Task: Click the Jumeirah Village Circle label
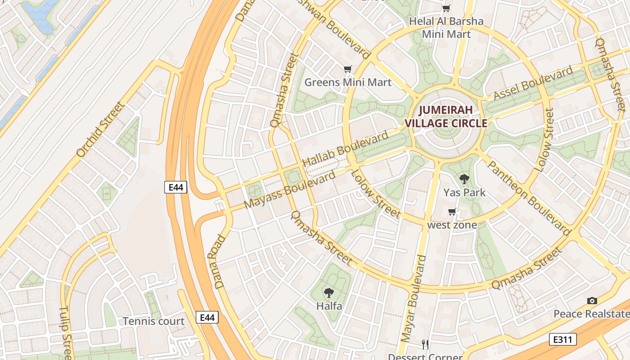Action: click(x=446, y=117)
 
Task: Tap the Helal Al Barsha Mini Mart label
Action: click(x=446, y=27)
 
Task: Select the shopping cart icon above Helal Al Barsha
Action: click(x=446, y=8)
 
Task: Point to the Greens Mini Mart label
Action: click(x=348, y=82)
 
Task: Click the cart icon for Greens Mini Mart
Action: click(x=347, y=69)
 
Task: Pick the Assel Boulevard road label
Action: click(x=533, y=83)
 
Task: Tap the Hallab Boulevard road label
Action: click(x=345, y=149)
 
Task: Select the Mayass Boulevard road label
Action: click(x=290, y=189)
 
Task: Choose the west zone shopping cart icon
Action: click(x=452, y=211)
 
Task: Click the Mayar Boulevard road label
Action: click(x=412, y=298)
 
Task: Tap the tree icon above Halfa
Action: click(x=329, y=293)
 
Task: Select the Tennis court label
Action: click(x=153, y=321)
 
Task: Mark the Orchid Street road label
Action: click(x=100, y=129)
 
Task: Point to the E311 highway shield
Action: click(x=563, y=339)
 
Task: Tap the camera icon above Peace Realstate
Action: click(x=592, y=301)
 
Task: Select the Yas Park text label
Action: click(x=464, y=193)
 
